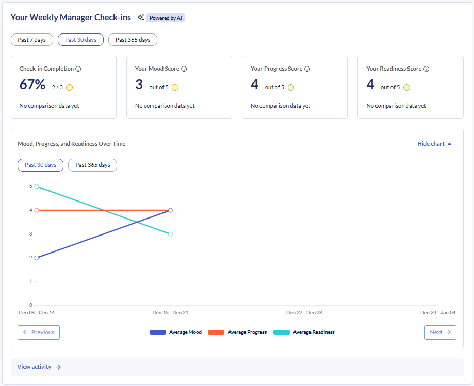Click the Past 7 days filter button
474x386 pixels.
point(31,40)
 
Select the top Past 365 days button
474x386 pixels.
point(133,40)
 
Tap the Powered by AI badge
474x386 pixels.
point(166,18)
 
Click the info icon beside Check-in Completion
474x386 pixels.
point(78,69)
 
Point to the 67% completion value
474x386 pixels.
point(32,85)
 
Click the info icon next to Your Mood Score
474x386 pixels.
point(184,69)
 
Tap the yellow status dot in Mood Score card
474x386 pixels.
point(175,87)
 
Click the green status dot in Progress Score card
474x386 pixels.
point(291,87)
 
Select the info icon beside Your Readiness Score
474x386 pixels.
point(427,69)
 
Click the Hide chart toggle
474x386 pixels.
point(434,144)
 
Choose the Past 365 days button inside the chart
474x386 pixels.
point(93,165)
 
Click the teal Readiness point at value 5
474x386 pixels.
point(37,187)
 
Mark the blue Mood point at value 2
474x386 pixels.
point(37,258)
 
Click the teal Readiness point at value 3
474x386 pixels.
point(170,234)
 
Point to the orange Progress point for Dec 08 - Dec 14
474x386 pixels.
point(37,210)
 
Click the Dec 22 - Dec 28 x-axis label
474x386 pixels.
point(304,313)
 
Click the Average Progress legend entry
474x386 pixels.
point(237,332)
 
